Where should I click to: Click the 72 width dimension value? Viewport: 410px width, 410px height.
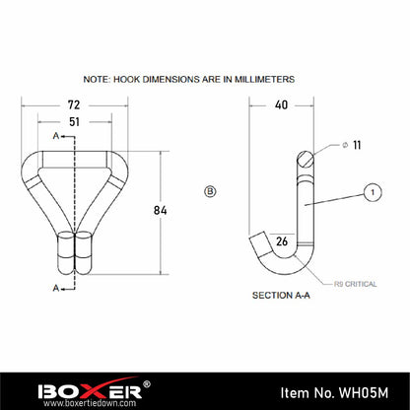point(74,105)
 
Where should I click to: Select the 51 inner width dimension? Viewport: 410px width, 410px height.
point(75,122)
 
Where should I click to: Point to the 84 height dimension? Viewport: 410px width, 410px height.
point(161,210)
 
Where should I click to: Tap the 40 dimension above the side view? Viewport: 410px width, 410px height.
point(281,105)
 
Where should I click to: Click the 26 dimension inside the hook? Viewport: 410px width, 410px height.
point(282,241)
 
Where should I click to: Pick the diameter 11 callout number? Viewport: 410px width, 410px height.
point(357,145)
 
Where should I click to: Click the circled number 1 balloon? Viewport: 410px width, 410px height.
point(373,192)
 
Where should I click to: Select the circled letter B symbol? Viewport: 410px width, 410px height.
point(210,191)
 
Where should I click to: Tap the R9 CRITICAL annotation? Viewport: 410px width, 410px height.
point(355,284)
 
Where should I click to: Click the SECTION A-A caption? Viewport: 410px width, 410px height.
point(281,296)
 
